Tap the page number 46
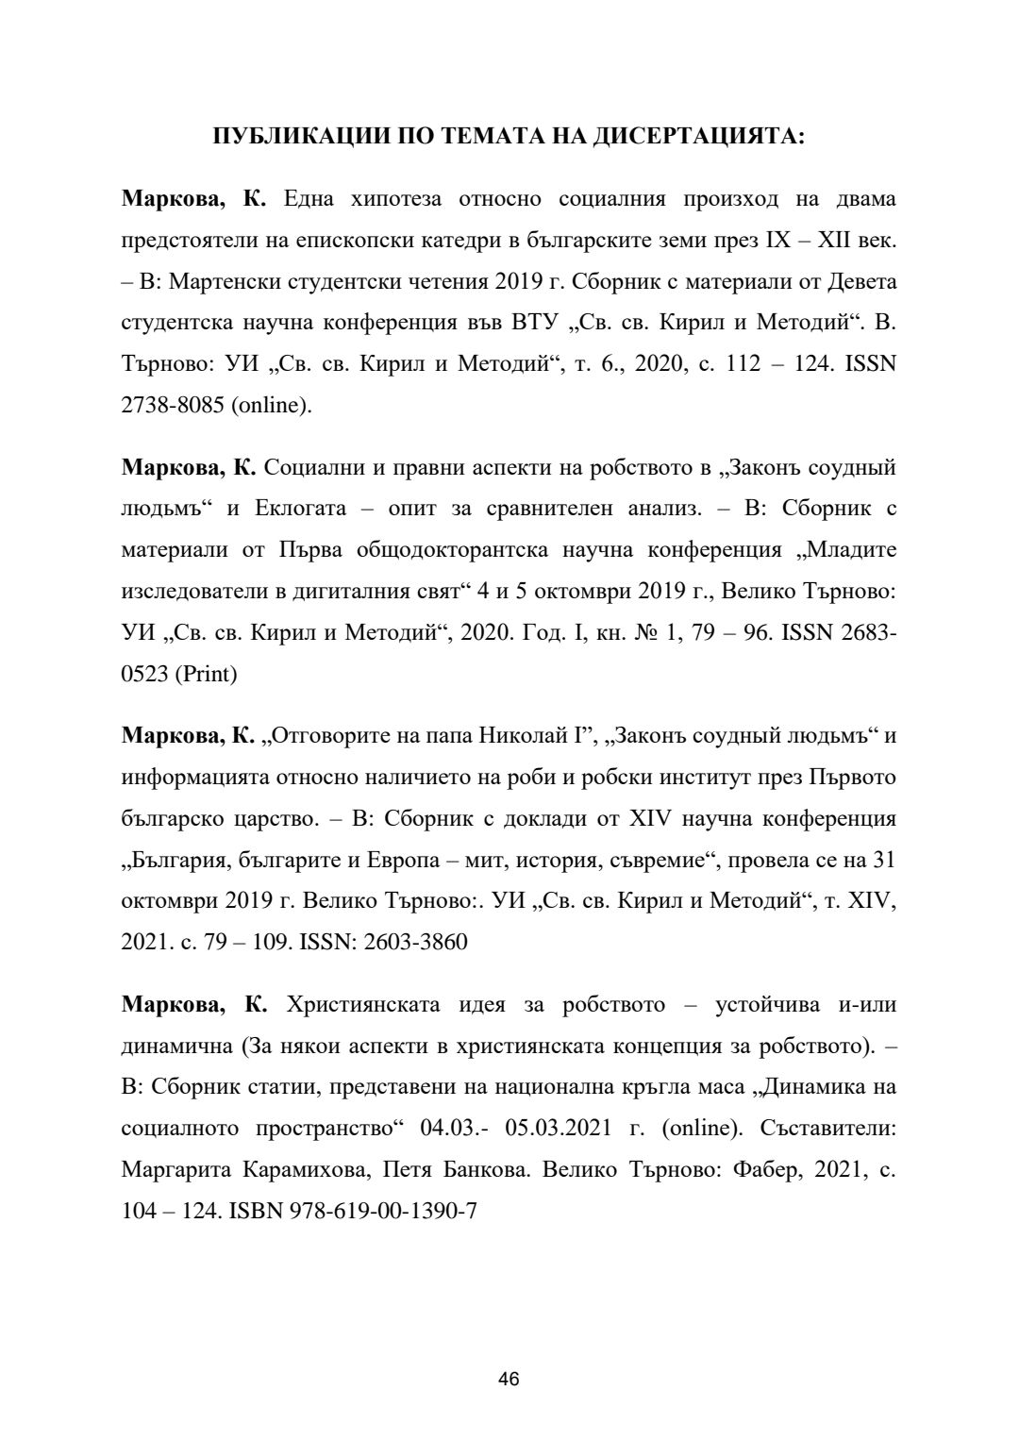click(x=509, y=1380)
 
